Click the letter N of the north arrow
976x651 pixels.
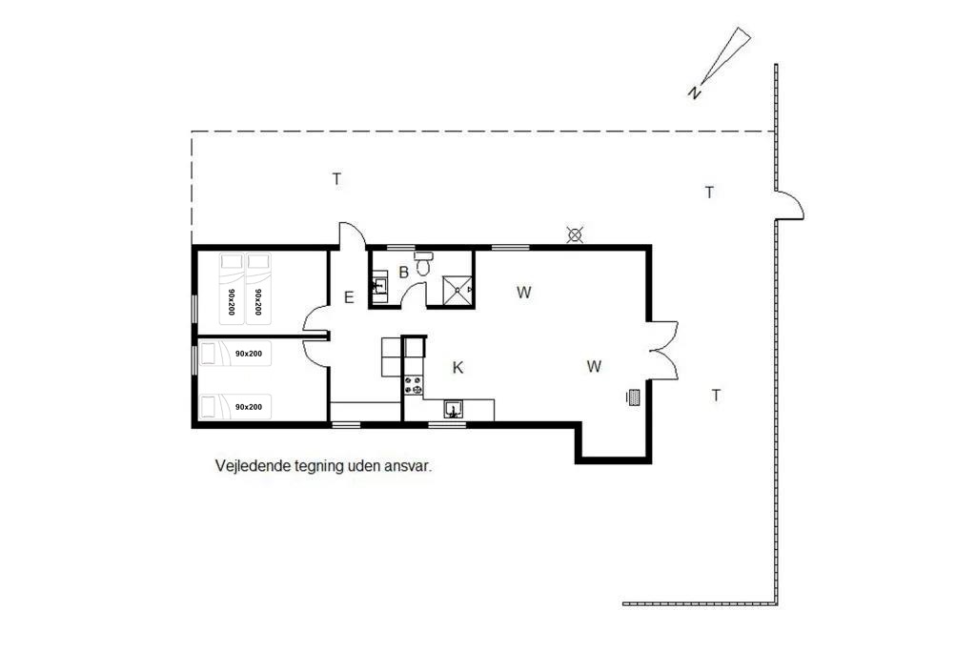(x=694, y=92)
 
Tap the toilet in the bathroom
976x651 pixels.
(x=423, y=263)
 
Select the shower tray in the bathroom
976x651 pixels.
(x=457, y=290)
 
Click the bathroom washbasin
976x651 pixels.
(x=379, y=286)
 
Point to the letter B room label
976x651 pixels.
(x=403, y=272)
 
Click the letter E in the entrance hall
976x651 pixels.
(x=349, y=297)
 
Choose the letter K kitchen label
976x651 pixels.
(x=457, y=368)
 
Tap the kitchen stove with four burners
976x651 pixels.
(x=414, y=385)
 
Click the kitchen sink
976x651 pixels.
(x=453, y=409)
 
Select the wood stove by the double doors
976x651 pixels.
(x=633, y=397)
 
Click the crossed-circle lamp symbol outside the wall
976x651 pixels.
(x=575, y=235)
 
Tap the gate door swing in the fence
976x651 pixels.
(x=790, y=205)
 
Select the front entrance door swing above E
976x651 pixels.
(x=352, y=235)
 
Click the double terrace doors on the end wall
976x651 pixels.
(x=664, y=350)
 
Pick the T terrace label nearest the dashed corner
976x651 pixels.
(x=336, y=179)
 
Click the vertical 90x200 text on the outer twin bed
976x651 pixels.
(x=232, y=302)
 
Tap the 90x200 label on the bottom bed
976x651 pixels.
(x=249, y=407)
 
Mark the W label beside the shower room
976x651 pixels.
(x=524, y=292)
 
